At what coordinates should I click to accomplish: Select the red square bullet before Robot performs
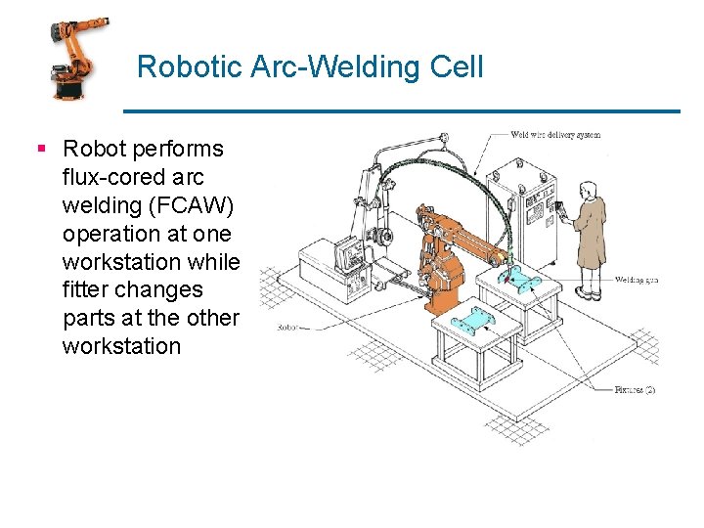(x=41, y=150)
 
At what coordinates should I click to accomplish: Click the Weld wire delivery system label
(x=555, y=135)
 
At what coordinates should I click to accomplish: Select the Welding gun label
(x=636, y=280)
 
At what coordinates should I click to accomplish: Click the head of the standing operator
(x=585, y=189)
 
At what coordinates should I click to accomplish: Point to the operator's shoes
(x=587, y=292)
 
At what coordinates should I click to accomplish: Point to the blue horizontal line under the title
(x=401, y=110)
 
